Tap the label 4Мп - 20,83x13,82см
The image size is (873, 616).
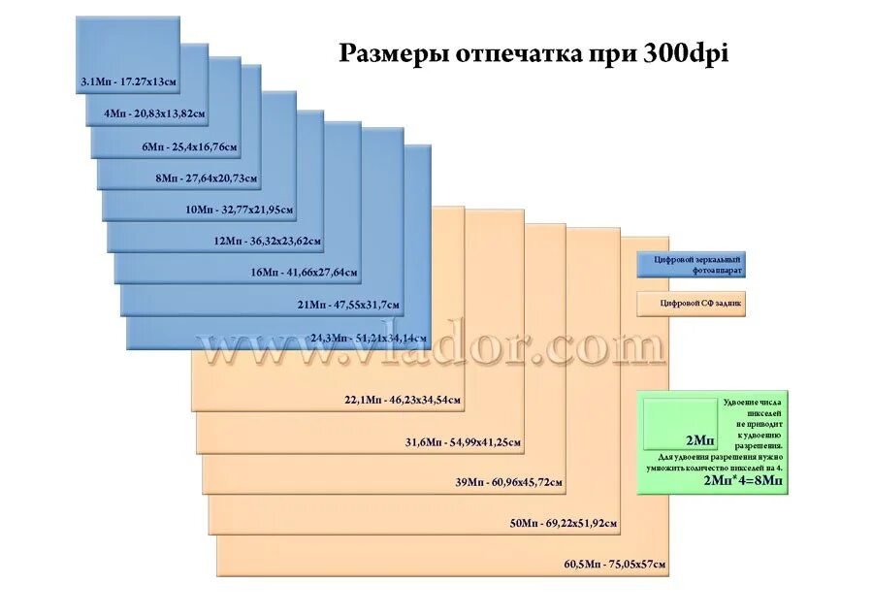tap(155, 114)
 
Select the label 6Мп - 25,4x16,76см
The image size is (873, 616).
tap(189, 146)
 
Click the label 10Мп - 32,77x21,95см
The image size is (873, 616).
tap(238, 210)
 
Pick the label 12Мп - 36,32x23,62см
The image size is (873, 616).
tap(268, 241)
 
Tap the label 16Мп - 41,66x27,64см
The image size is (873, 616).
tap(304, 273)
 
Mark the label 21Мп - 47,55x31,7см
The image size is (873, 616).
tap(348, 305)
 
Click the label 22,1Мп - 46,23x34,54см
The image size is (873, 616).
tap(403, 399)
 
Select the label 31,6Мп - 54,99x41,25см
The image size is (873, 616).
tap(464, 442)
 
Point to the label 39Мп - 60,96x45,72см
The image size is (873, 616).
tap(508, 482)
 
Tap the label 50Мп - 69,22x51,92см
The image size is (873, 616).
tap(564, 524)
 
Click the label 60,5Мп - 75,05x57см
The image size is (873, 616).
tap(615, 564)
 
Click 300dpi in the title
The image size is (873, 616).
tap(685, 53)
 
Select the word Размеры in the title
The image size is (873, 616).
tap(382, 54)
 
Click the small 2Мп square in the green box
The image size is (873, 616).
tap(681, 425)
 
